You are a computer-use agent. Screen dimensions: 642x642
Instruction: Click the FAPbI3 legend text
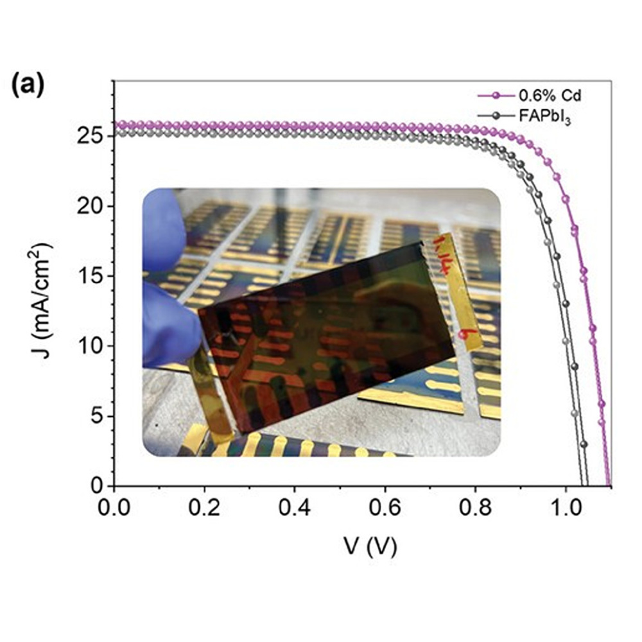coord(541,117)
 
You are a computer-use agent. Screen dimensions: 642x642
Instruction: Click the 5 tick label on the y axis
coord(97,416)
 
